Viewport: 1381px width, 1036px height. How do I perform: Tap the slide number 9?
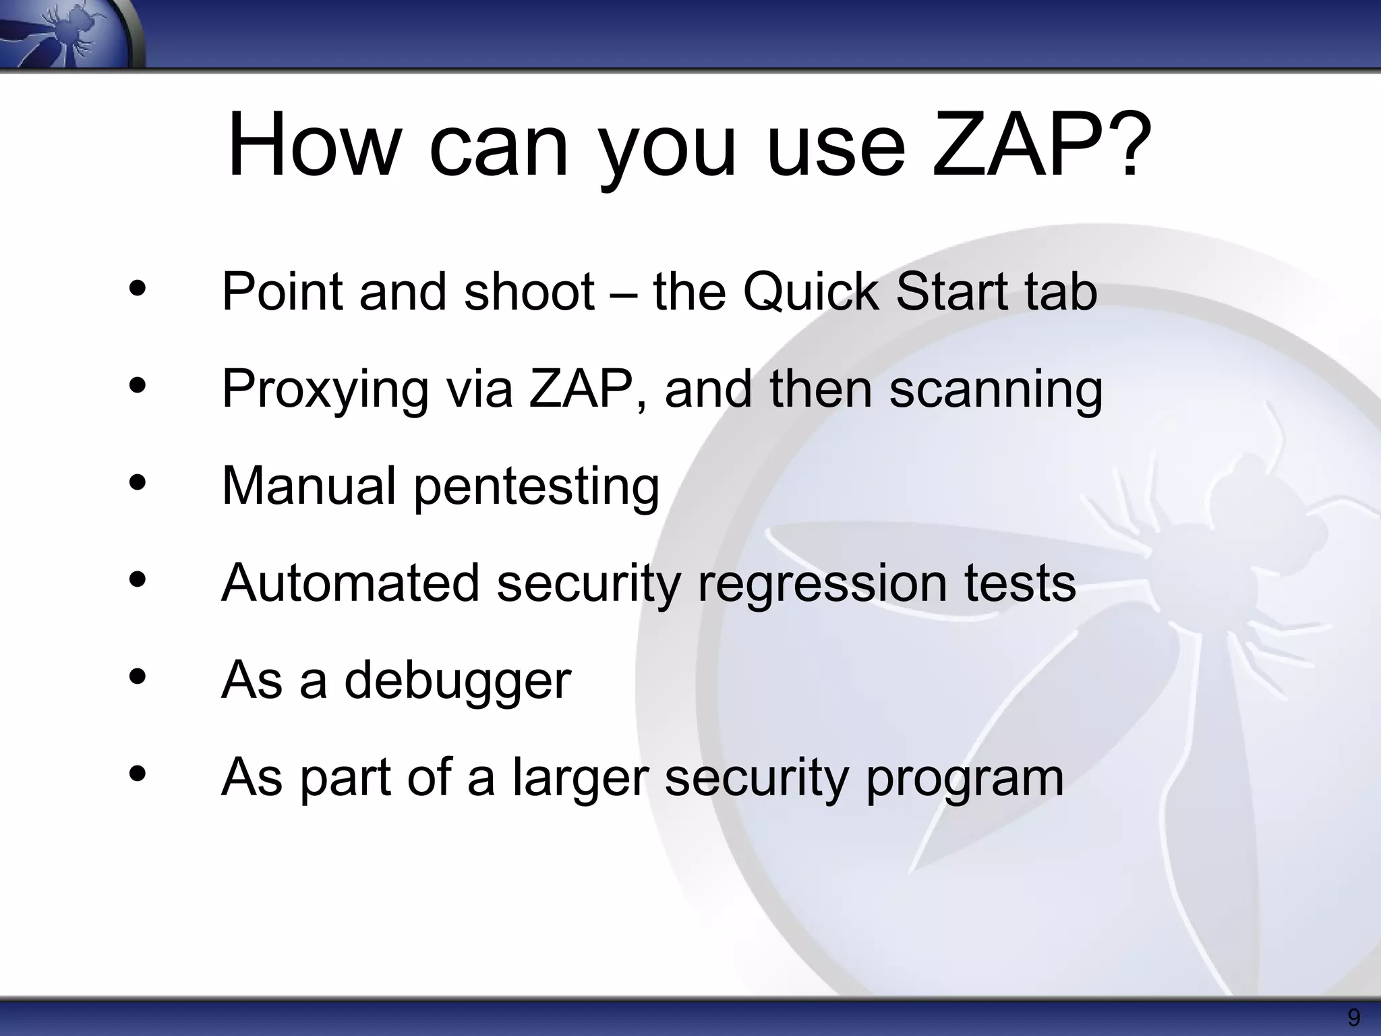1353,1017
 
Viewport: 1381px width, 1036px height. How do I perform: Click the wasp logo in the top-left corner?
67,34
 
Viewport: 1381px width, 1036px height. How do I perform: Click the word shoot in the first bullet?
529,292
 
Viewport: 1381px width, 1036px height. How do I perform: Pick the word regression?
823,584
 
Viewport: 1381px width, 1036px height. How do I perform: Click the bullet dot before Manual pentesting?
138,483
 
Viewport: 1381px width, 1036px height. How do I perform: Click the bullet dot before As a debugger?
138,677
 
